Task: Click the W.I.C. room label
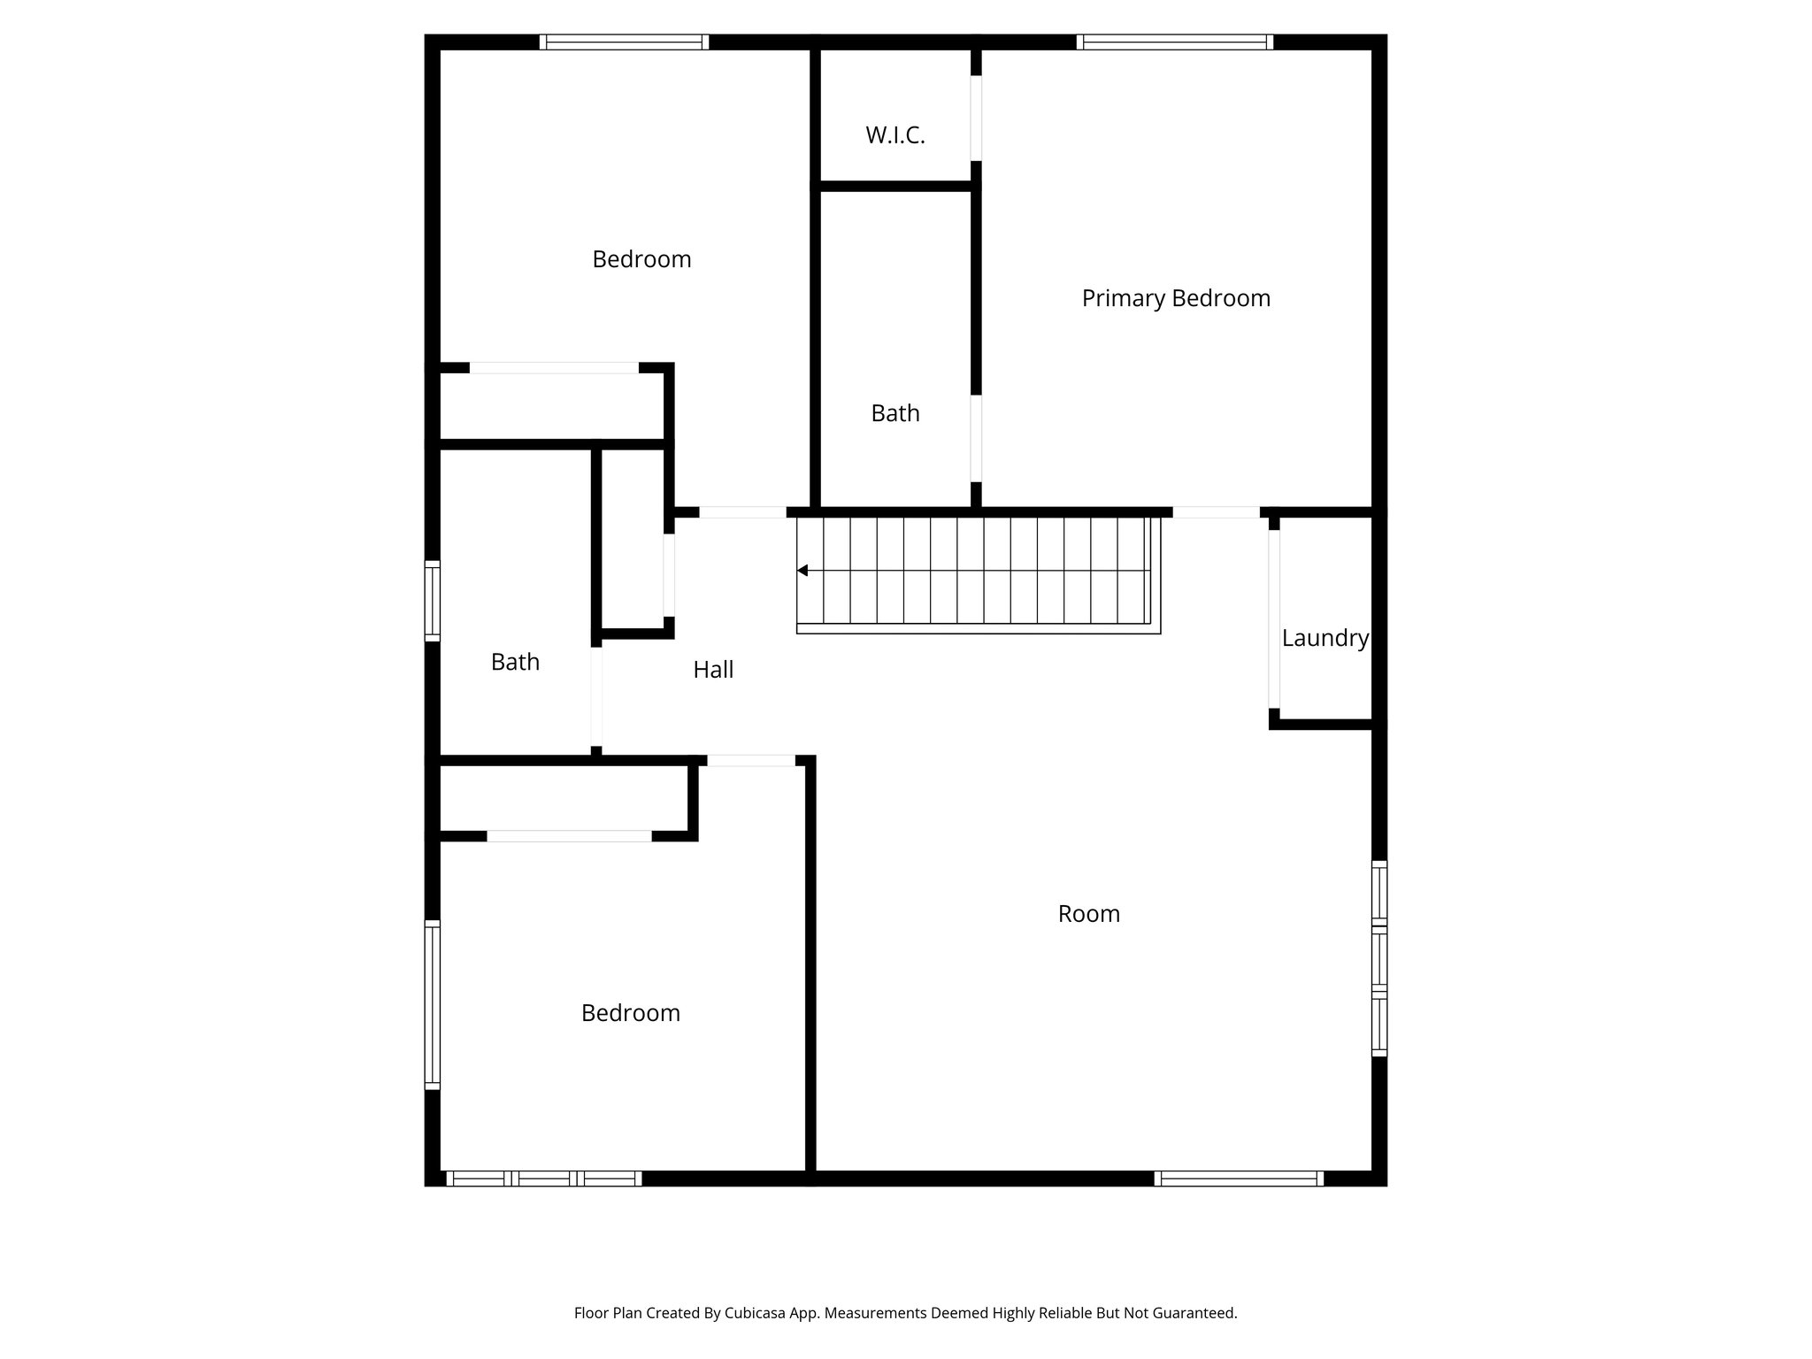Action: point(894,135)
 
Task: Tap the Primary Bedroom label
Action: point(1176,298)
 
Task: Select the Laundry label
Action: point(1324,638)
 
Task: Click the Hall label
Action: point(713,670)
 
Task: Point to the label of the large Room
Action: point(1088,914)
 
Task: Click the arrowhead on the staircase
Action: point(802,571)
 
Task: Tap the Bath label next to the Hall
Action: point(515,662)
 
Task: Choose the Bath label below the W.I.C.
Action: point(894,413)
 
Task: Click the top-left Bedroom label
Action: point(641,259)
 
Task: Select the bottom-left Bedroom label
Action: point(630,1013)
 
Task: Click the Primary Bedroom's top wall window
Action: point(1175,42)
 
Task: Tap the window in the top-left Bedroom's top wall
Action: point(624,42)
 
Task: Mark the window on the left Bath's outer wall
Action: point(433,601)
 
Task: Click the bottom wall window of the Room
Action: point(1239,1179)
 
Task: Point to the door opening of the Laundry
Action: point(1274,619)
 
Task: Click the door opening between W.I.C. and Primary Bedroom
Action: point(976,118)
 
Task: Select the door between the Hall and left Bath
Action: point(596,696)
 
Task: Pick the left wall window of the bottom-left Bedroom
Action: point(433,1004)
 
